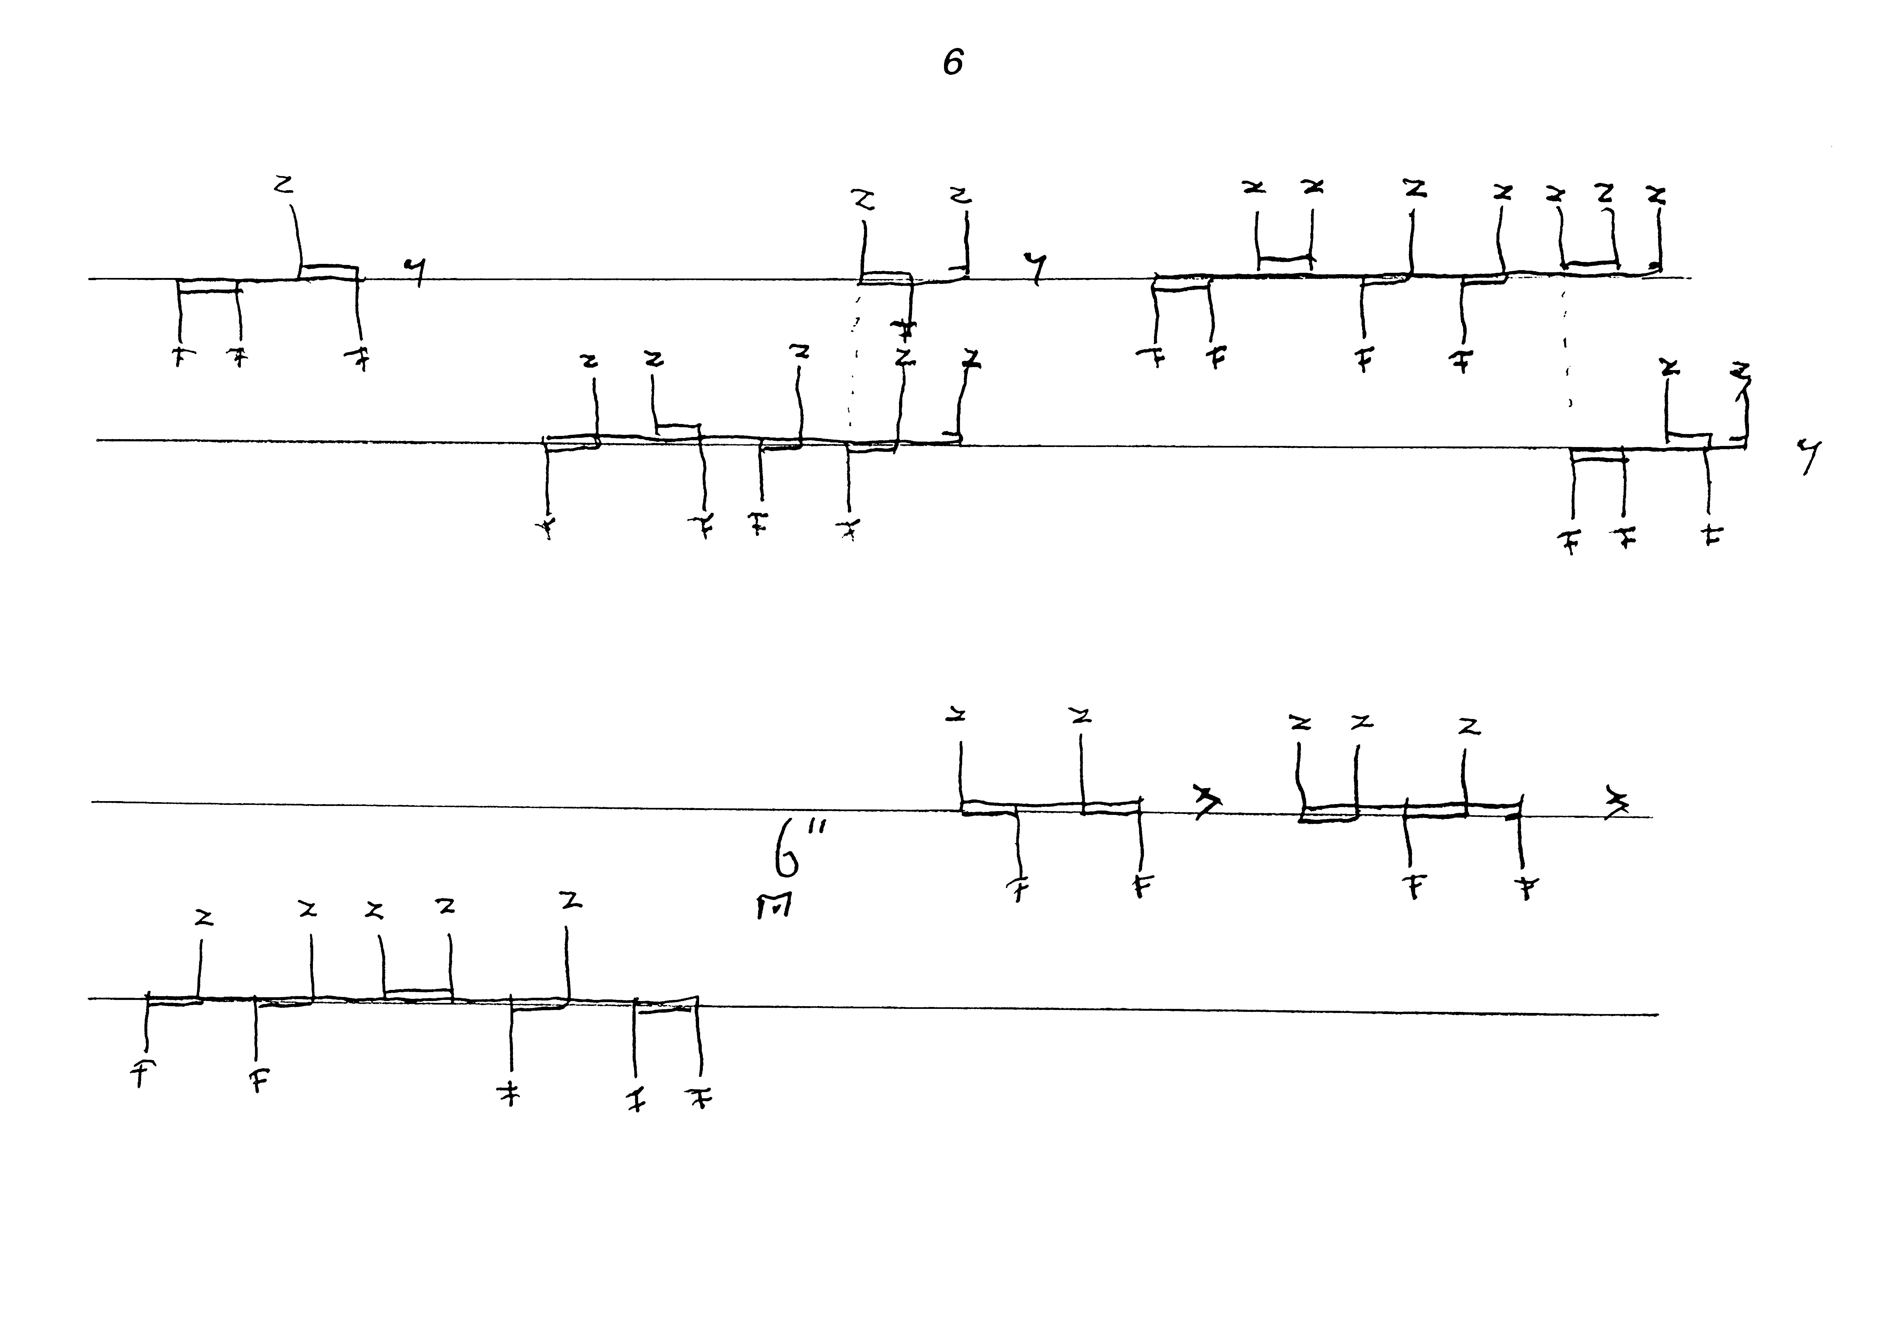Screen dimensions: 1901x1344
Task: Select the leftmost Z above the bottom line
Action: pyautogui.click(x=204, y=918)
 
